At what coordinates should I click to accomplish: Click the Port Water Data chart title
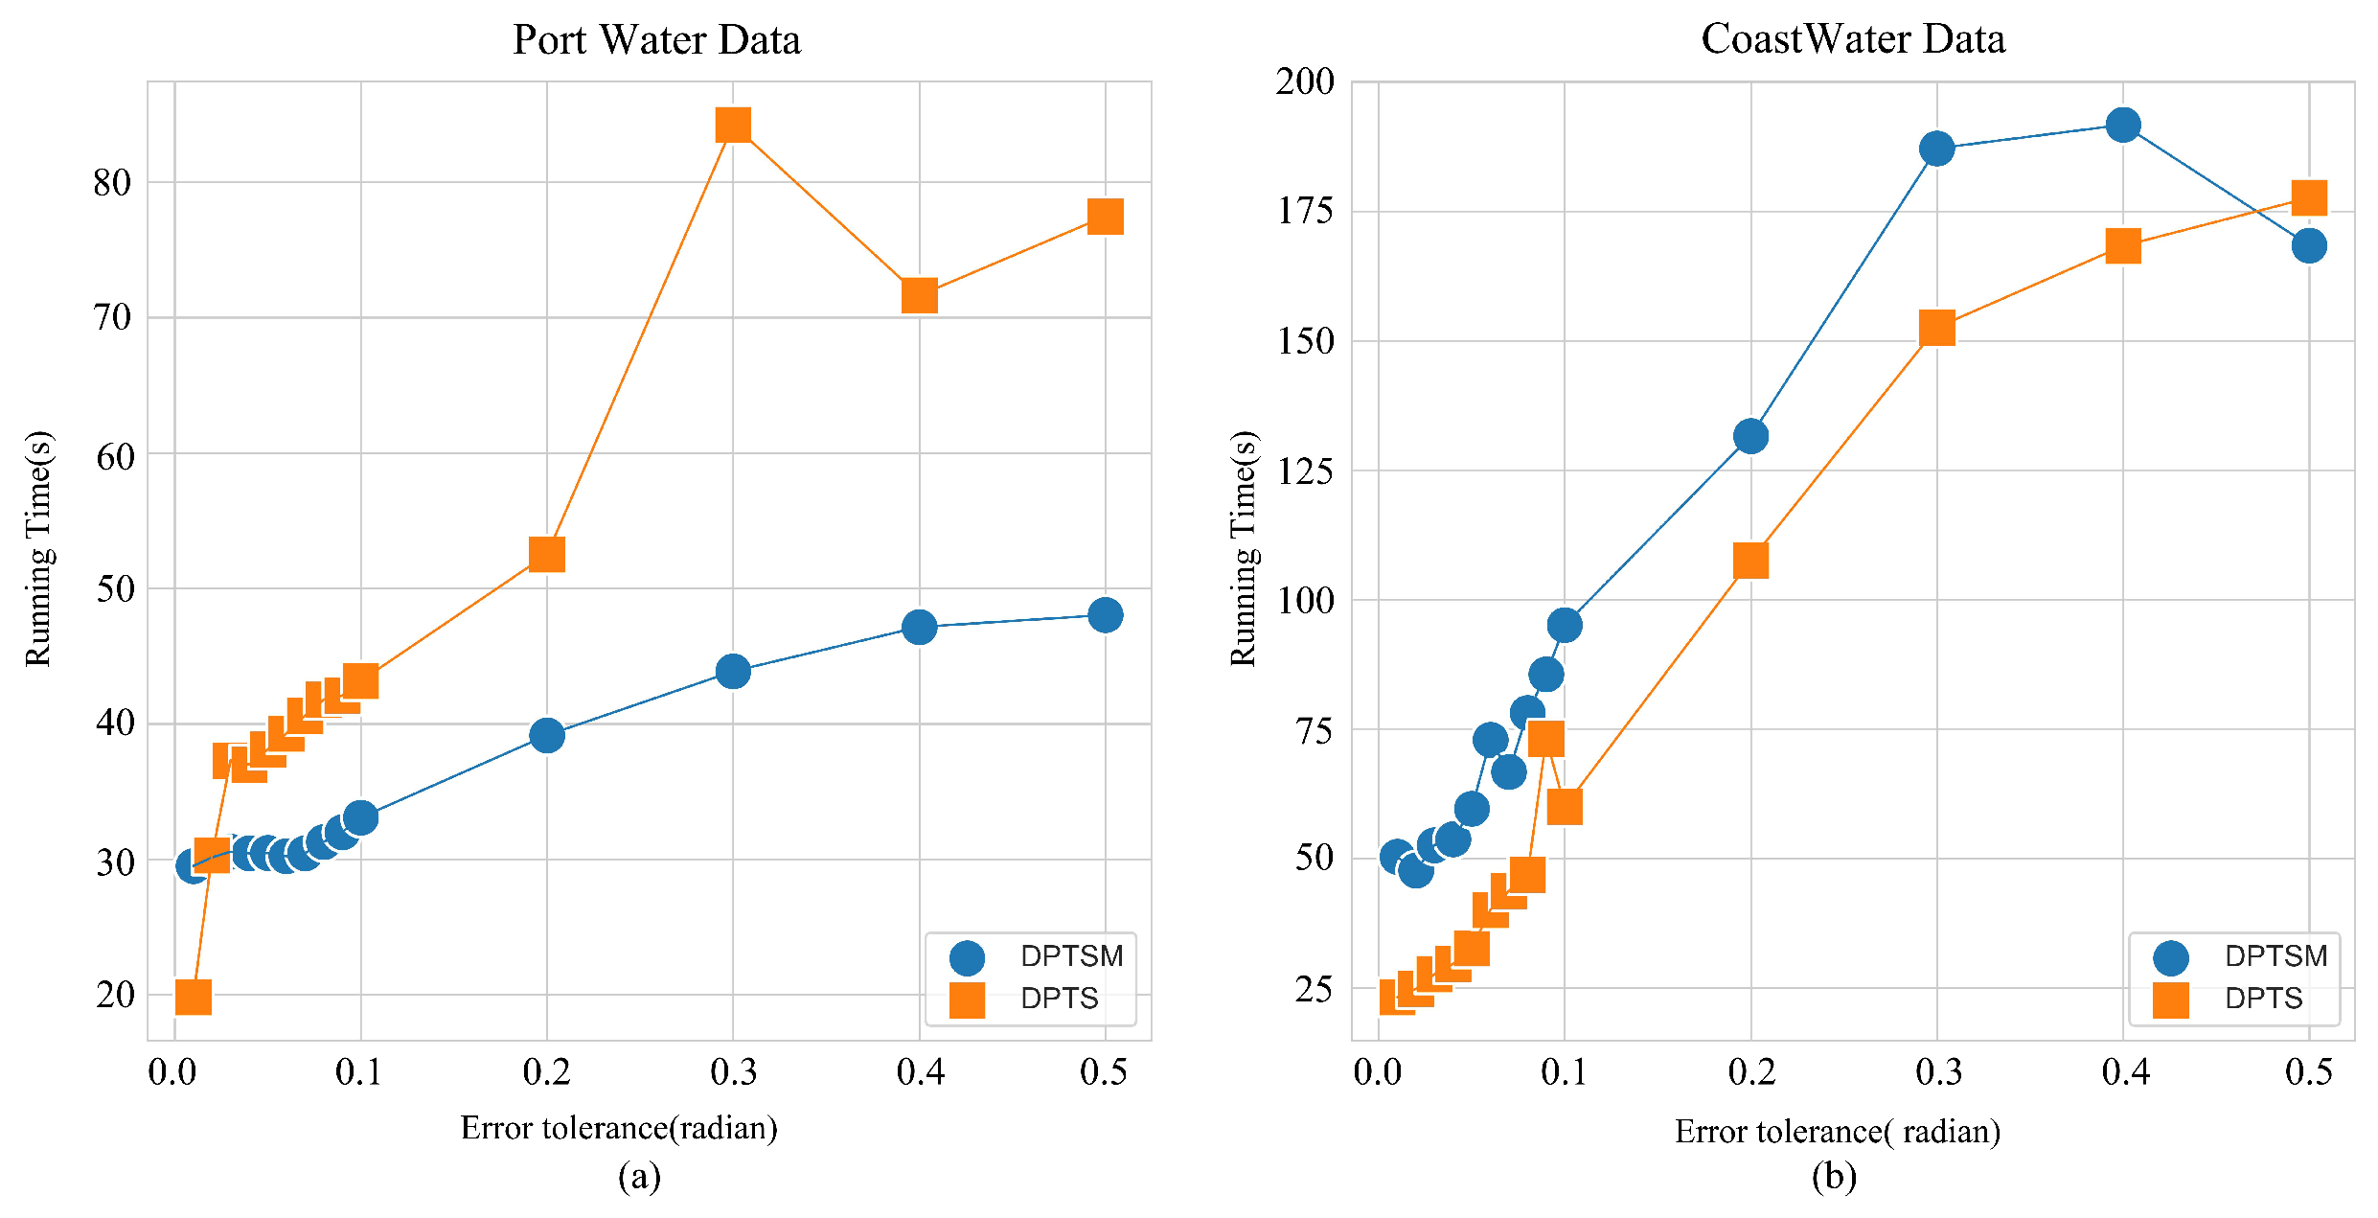pyautogui.click(x=656, y=40)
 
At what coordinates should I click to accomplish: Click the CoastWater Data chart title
pyautogui.click(x=1853, y=39)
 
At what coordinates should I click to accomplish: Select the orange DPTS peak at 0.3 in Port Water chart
pyautogui.click(x=733, y=125)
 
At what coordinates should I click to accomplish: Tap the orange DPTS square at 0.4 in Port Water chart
pyautogui.click(x=919, y=296)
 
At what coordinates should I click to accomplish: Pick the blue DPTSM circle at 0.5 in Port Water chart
pyautogui.click(x=1105, y=615)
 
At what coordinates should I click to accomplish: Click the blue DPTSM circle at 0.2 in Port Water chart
pyautogui.click(x=546, y=736)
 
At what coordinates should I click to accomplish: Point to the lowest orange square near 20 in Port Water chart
pyautogui.click(x=194, y=997)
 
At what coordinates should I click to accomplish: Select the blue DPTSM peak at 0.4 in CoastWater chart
pyautogui.click(x=2123, y=125)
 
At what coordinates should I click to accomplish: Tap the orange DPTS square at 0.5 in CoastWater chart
pyautogui.click(x=2309, y=197)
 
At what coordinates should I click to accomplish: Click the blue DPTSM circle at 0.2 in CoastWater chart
pyautogui.click(x=1750, y=437)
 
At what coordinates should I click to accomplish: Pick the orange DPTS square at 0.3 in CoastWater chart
pyautogui.click(x=1936, y=329)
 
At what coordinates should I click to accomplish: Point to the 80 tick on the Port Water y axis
pyautogui.click(x=112, y=182)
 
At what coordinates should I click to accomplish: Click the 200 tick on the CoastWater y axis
pyautogui.click(x=1305, y=82)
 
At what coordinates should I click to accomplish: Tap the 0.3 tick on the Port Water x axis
pyautogui.click(x=733, y=1072)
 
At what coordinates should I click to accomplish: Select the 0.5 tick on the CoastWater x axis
pyautogui.click(x=2308, y=1072)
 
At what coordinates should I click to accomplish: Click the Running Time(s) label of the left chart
pyautogui.click(x=39, y=548)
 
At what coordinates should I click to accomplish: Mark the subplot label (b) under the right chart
pyautogui.click(x=1833, y=1177)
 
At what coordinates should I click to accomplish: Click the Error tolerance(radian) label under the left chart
pyautogui.click(x=619, y=1128)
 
